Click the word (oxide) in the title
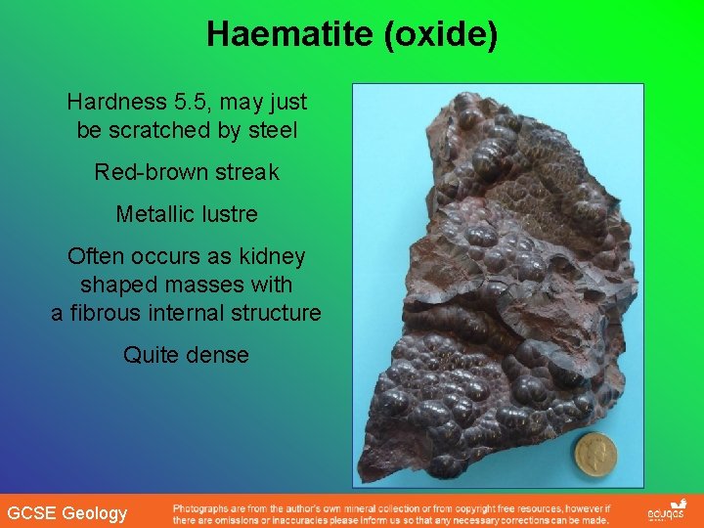(441, 35)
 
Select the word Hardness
(110, 102)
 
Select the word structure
(276, 313)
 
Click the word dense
(219, 355)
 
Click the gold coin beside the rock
(595, 454)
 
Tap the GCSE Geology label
(66, 513)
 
